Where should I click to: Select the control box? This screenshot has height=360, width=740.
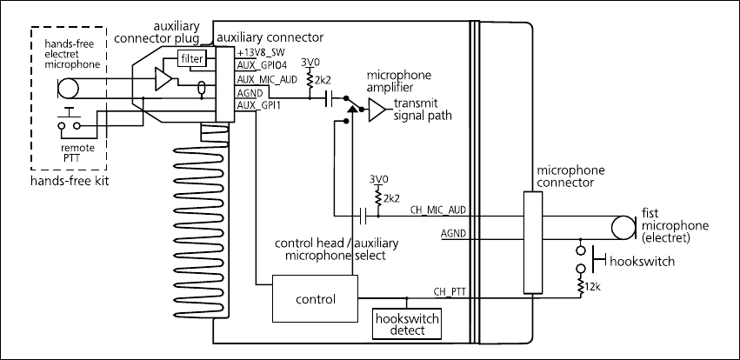tap(315, 299)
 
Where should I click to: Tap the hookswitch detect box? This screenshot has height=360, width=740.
tap(406, 324)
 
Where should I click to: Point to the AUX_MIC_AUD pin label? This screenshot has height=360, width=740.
tap(268, 80)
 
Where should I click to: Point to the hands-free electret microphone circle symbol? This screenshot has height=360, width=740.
tap(68, 87)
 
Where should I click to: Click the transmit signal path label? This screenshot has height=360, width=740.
tap(423, 110)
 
